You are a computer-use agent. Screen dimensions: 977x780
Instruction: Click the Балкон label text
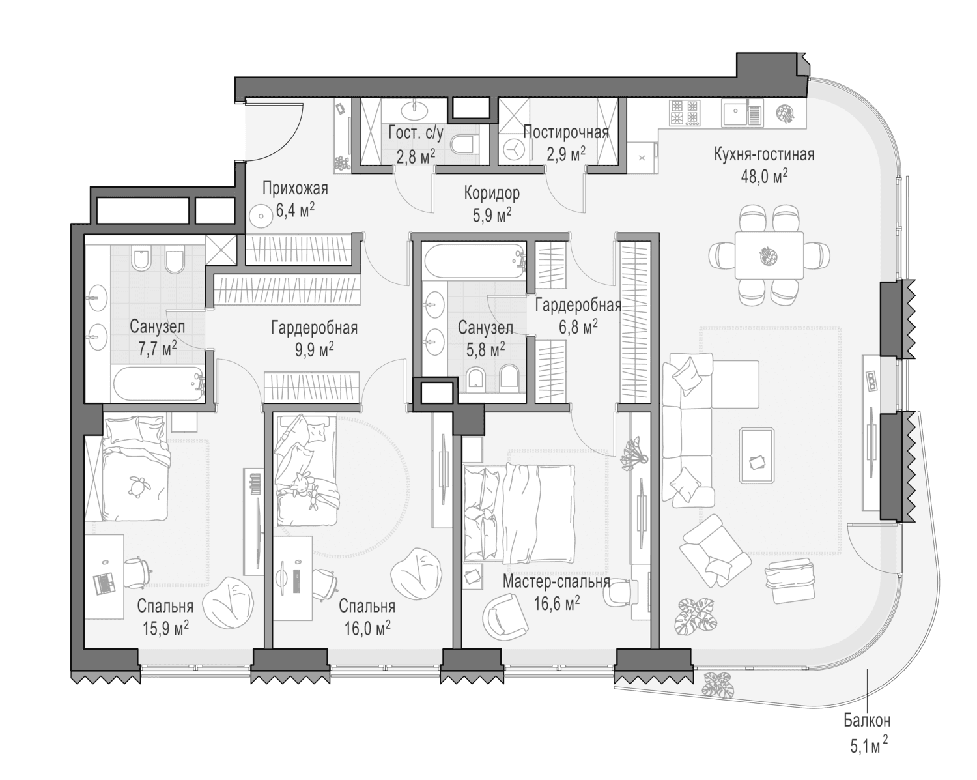pos(867,721)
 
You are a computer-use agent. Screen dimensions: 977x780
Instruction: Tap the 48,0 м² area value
pos(764,176)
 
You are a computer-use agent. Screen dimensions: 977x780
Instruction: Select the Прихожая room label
pos(295,188)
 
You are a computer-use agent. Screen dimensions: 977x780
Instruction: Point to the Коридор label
pos(492,194)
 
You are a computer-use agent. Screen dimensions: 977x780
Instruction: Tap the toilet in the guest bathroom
pos(464,144)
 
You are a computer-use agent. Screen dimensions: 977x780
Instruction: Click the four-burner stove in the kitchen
pos(685,112)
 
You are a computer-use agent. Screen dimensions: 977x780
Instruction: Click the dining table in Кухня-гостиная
pos(769,255)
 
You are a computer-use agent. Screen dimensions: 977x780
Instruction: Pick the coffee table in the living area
pos(756,455)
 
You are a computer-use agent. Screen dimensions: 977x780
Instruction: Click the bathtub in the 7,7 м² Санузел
pos(158,384)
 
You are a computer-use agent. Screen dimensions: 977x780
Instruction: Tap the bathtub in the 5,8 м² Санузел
pos(475,261)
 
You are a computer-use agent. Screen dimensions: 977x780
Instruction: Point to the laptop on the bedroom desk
pos(103,584)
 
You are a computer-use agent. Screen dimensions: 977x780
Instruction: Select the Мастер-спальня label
pos(556,581)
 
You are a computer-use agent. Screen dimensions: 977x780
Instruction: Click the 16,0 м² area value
pos(367,629)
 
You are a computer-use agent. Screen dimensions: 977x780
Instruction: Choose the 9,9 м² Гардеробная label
pos(314,339)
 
